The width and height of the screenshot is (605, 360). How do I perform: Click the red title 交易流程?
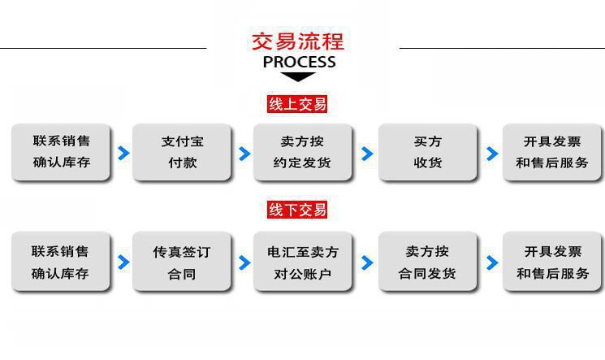[298, 41]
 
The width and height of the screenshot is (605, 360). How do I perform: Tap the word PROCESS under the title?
[299, 62]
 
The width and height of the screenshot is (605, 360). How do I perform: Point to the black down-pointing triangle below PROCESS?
[299, 77]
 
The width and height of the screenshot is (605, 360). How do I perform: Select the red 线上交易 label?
[297, 104]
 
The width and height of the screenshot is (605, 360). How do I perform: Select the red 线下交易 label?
[297, 210]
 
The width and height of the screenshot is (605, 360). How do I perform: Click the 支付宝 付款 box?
[182, 152]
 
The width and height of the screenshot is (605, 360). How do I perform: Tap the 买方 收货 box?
[427, 152]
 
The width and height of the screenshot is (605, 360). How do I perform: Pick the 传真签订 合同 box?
[182, 262]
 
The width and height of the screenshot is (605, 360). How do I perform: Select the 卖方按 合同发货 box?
[427, 262]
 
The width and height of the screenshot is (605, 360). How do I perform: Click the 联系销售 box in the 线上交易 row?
[61, 152]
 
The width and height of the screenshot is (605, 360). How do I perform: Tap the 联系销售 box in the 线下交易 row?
[61, 262]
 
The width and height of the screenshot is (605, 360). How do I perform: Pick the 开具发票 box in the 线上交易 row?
[552, 152]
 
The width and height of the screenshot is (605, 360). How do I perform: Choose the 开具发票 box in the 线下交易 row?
[552, 262]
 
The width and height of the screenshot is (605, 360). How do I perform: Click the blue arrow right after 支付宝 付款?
[244, 153]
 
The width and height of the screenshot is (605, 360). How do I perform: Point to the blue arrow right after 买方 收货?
[491, 153]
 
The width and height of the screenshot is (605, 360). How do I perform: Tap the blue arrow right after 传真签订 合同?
[244, 262]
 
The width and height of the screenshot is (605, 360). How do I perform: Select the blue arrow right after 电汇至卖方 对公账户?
[367, 262]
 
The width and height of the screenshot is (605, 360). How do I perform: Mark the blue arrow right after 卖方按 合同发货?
[491, 262]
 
